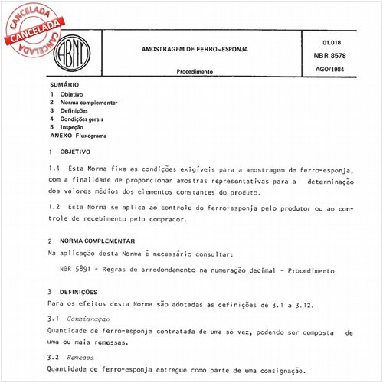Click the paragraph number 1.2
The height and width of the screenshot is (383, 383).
(x=54, y=207)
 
